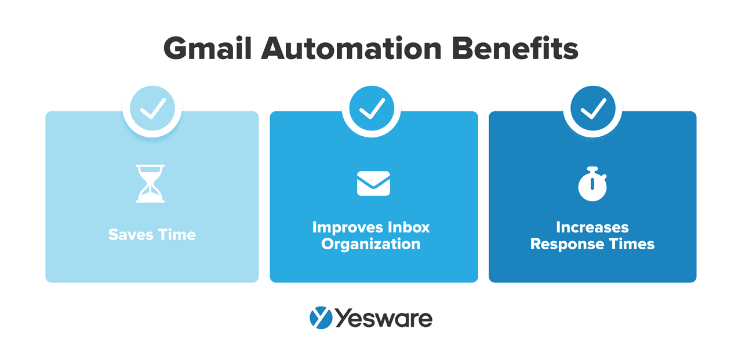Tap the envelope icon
coord(373,183)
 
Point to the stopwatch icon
coord(592,184)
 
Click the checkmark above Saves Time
coord(152,108)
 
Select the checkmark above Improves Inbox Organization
coord(372,108)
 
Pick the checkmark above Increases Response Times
coord(592,108)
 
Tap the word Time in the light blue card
coord(176,235)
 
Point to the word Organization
coord(371,243)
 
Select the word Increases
coord(592,227)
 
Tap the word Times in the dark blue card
coord(631,244)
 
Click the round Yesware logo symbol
coord(321,318)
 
